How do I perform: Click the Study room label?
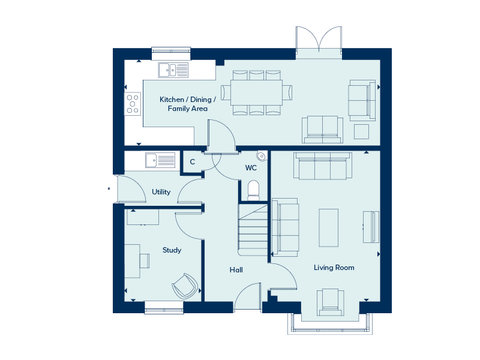click(x=172, y=250)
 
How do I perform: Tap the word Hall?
click(x=236, y=269)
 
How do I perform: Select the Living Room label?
click(x=334, y=268)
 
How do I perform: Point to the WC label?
click(x=251, y=168)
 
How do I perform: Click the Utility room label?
click(x=161, y=192)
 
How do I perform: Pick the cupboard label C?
click(x=192, y=161)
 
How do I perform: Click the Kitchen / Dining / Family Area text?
click(x=188, y=104)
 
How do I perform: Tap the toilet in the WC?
click(x=253, y=190)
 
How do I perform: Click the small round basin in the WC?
click(x=261, y=156)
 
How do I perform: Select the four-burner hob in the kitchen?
click(x=133, y=104)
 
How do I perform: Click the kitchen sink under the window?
click(x=173, y=70)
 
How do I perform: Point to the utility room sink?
click(x=160, y=160)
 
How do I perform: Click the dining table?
click(x=257, y=92)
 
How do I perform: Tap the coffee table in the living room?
click(x=328, y=228)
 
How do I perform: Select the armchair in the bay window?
click(x=331, y=302)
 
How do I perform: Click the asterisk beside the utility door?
click(x=109, y=189)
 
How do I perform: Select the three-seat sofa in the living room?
click(x=323, y=166)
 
